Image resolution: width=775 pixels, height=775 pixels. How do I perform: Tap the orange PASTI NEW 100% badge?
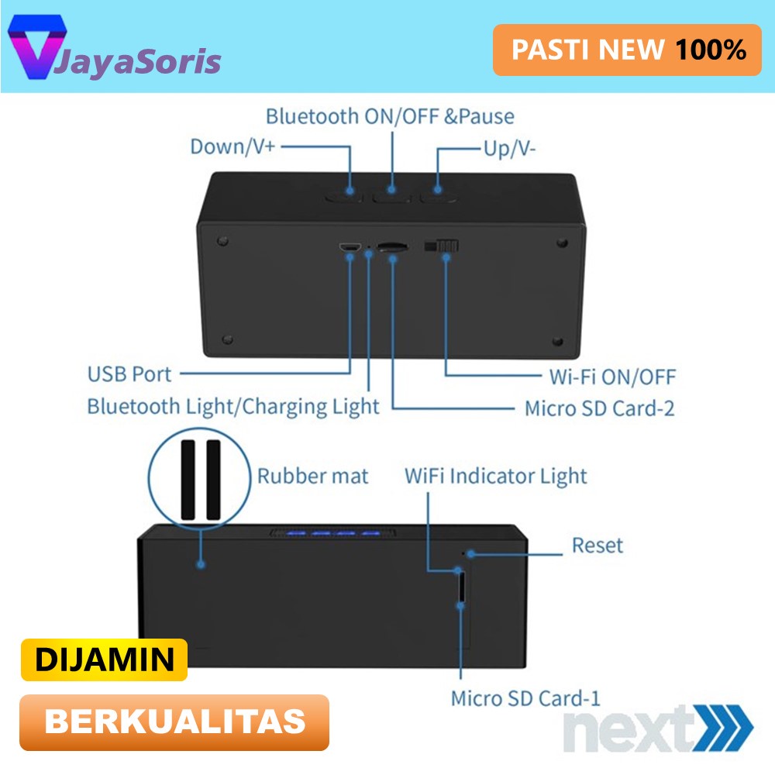[x=627, y=50]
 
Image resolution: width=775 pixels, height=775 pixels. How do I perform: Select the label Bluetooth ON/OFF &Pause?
[x=390, y=116]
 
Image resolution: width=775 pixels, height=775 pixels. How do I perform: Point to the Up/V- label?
[x=509, y=148]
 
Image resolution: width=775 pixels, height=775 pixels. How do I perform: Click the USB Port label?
[x=129, y=374]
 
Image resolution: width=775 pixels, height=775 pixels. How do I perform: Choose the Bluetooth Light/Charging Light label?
[x=233, y=406]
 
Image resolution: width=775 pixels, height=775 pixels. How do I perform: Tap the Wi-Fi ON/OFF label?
[x=608, y=377]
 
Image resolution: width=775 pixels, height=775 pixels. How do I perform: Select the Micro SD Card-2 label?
[x=599, y=408]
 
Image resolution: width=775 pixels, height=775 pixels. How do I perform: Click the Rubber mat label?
[x=312, y=475]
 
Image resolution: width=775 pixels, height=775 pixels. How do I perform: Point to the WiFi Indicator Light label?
[x=496, y=475]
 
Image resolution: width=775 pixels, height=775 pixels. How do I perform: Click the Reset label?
[x=597, y=545]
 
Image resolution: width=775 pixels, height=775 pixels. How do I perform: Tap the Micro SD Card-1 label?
[x=525, y=697]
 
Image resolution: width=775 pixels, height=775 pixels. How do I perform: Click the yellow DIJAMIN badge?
[x=104, y=660]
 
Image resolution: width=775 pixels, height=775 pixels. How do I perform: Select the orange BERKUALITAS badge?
[x=174, y=722]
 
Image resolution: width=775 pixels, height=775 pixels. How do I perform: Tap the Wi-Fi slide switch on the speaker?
[x=442, y=246]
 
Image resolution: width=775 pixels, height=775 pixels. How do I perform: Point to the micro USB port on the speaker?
[x=349, y=247]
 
